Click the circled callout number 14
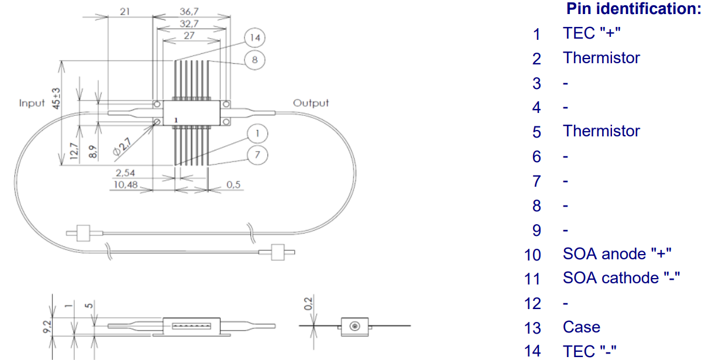[x=255, y=38]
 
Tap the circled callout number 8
[x=255, y=60]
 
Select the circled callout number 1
[x=257, y=133]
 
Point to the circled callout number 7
[x=257, y=155]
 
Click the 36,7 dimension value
[x=189, y=12]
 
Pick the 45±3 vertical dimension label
[x=56, y=98]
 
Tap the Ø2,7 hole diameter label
[x=122, y=147]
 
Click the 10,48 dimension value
[x=125, y=184]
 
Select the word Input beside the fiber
[x=32, y=103]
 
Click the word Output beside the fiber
[x=311, y=103]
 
